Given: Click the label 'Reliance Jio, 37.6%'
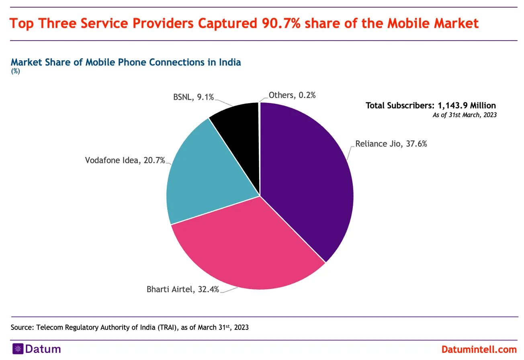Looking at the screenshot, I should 391,143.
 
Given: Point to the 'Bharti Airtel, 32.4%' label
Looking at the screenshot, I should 183,289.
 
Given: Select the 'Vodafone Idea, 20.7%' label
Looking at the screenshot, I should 125,160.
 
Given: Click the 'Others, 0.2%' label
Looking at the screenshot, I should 292,95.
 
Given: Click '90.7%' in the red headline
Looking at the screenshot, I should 280,23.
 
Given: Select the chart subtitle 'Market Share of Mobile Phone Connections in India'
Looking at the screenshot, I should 126,62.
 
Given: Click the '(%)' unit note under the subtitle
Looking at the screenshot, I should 15,72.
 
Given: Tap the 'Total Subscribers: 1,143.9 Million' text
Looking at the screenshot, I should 431,105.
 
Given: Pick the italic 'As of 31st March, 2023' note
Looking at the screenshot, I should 465,115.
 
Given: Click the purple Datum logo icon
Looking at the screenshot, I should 17,349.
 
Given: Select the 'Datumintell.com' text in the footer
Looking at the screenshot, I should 479,349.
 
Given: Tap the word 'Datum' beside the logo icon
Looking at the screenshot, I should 43,349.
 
